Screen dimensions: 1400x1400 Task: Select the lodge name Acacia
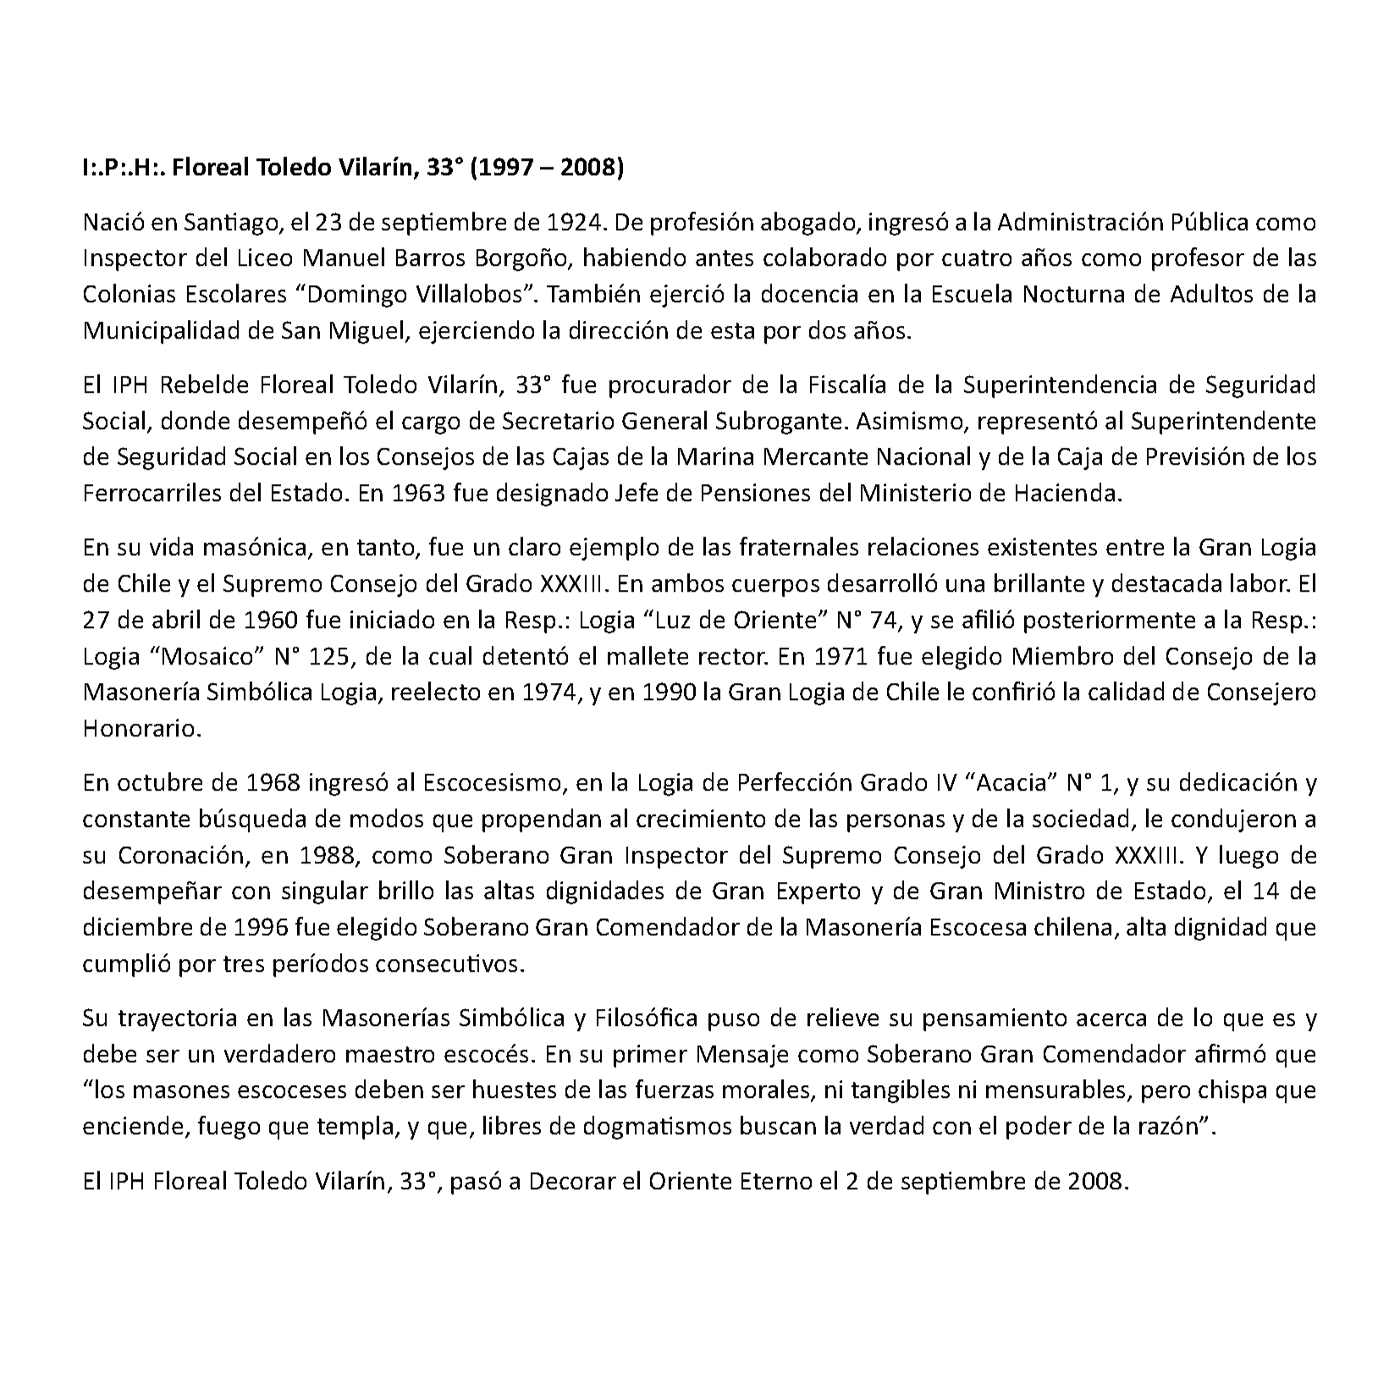click(1011, 783)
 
